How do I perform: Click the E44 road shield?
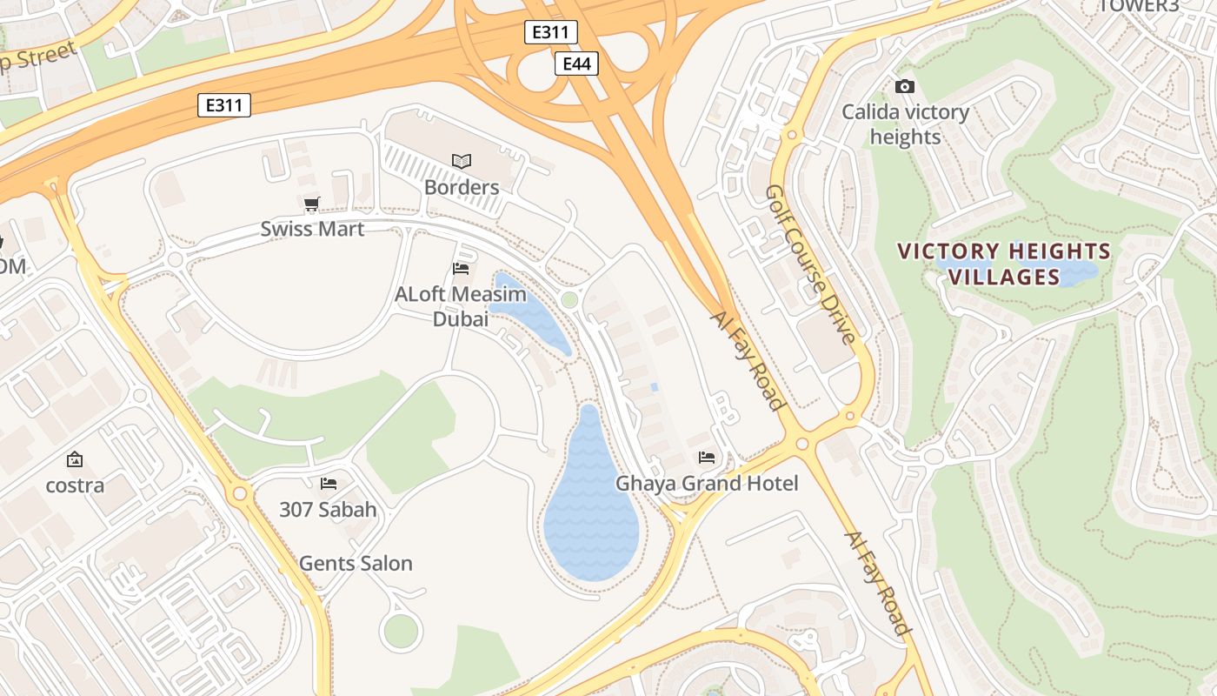pos(576,64)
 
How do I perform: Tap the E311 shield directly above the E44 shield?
pos(550,33)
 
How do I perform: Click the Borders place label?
pos(462,187)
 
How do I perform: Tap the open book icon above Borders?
pos(462,161)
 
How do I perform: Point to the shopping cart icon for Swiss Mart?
pos(312,204)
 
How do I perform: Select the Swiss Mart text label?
pos(312,229)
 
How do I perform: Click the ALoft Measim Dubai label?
pos(460,306)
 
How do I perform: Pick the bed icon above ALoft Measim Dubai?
pos(461,268)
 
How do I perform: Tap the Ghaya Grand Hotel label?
pos(706,483)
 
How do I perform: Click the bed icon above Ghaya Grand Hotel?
pos(707,457)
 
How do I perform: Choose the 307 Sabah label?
pos(328,510)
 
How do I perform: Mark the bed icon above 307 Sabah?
pos(328,483)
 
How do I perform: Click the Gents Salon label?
pos(356,564)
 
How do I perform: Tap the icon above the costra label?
pos(75,458)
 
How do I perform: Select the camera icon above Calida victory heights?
pos(905,86)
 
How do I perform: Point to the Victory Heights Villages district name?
pos(1003,264)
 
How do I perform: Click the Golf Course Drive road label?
pos(812,263)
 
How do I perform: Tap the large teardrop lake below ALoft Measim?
pos(591,513)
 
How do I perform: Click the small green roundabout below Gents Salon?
pos(401,631)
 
